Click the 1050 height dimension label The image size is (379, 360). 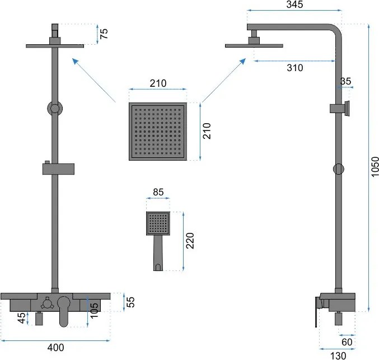375,167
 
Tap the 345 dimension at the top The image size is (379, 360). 294,4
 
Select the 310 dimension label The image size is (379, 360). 295,68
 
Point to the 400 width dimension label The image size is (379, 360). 55,348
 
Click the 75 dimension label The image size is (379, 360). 104,34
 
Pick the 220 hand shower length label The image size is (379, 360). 190,241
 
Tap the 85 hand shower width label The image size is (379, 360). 158,192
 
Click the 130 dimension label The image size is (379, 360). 338,356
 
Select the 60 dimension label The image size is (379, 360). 347,342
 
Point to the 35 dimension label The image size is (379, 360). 345,81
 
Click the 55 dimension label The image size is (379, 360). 130,302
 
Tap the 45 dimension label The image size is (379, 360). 21,317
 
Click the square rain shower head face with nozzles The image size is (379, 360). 158,131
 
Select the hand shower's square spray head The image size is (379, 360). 158,223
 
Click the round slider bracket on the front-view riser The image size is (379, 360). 55,108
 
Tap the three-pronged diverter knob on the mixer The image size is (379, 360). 46,303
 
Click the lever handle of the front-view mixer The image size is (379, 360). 64,311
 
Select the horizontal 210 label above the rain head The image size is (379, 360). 158,83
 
